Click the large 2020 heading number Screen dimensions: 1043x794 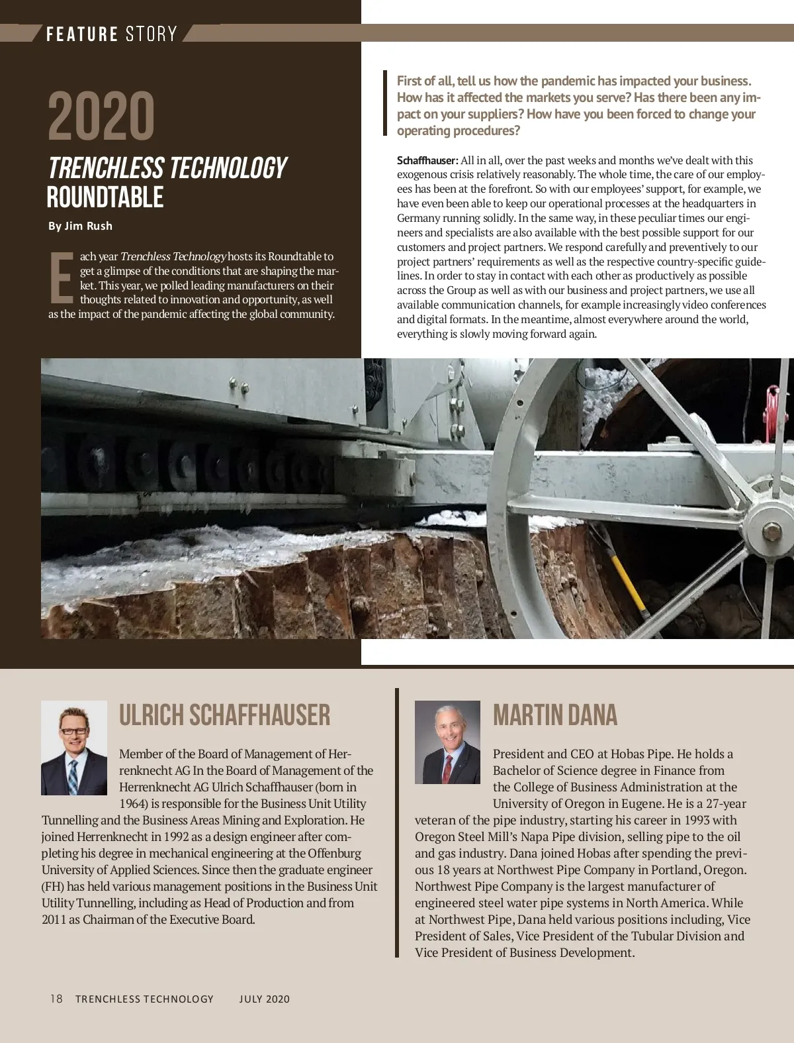pyautogui.click(x=101, y=117)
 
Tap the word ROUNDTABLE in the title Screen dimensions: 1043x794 pyautogui.click(x=105, y=197)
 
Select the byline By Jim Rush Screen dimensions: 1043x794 pyautogui.click(x=80, y=226)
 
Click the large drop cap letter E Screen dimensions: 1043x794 pyautogui.click(x=61, y=277)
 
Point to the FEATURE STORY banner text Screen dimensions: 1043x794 pyautogui.click(x=111, y=34)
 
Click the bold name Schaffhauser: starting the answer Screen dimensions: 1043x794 pyautogui.click(x=427, y=160)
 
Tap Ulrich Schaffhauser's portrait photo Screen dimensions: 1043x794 pyautogui.click(x=74, y=748)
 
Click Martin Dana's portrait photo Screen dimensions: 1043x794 pyautogui.click(x=447, y=742)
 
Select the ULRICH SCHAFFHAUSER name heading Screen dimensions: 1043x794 pyautogui.click(x=224, y=715)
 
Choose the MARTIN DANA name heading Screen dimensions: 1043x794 pyautogui.click(x=554, y=715)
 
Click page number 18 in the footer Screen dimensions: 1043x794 pyautogui.click(x=56, y=999)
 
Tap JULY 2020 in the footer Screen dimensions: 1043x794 pyautogui.click(x=264, y=999)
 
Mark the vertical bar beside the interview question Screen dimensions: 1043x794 pyautogui.click(x=385, y=103)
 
